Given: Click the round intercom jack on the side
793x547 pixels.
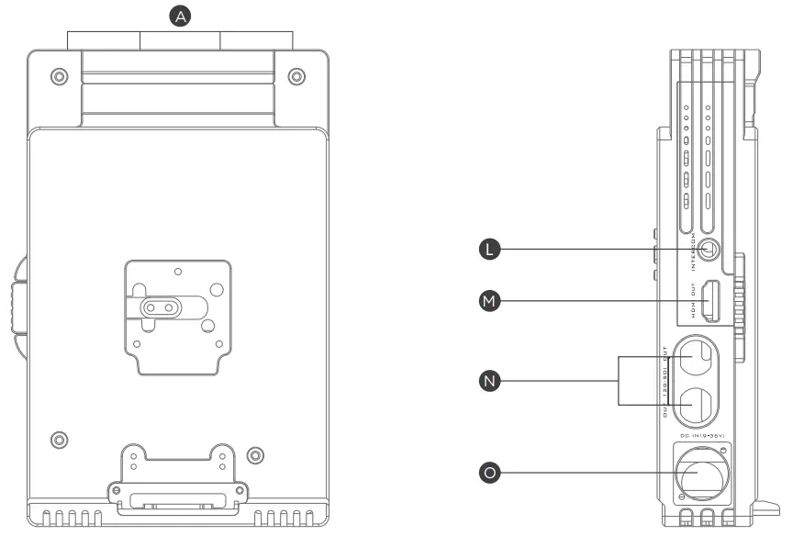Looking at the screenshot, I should point(709,249).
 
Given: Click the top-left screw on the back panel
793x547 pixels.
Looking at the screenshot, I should point(59,76).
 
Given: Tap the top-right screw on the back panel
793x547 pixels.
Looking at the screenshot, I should point(296,76).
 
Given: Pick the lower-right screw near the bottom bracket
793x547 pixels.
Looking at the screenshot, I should point(256,453).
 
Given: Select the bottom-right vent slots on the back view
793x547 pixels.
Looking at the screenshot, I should point(287,518).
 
